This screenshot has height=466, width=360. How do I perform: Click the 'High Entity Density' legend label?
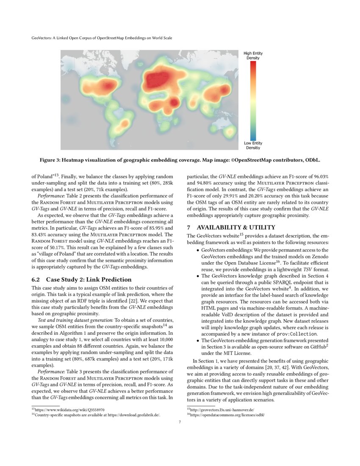click(x=253, y=55)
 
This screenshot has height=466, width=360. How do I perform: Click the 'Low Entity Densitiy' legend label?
click(x=253, y=146)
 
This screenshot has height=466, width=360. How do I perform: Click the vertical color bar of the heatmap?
click(x=253, y=100)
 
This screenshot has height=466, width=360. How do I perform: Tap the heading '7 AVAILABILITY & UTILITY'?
click(x=231, y=227)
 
